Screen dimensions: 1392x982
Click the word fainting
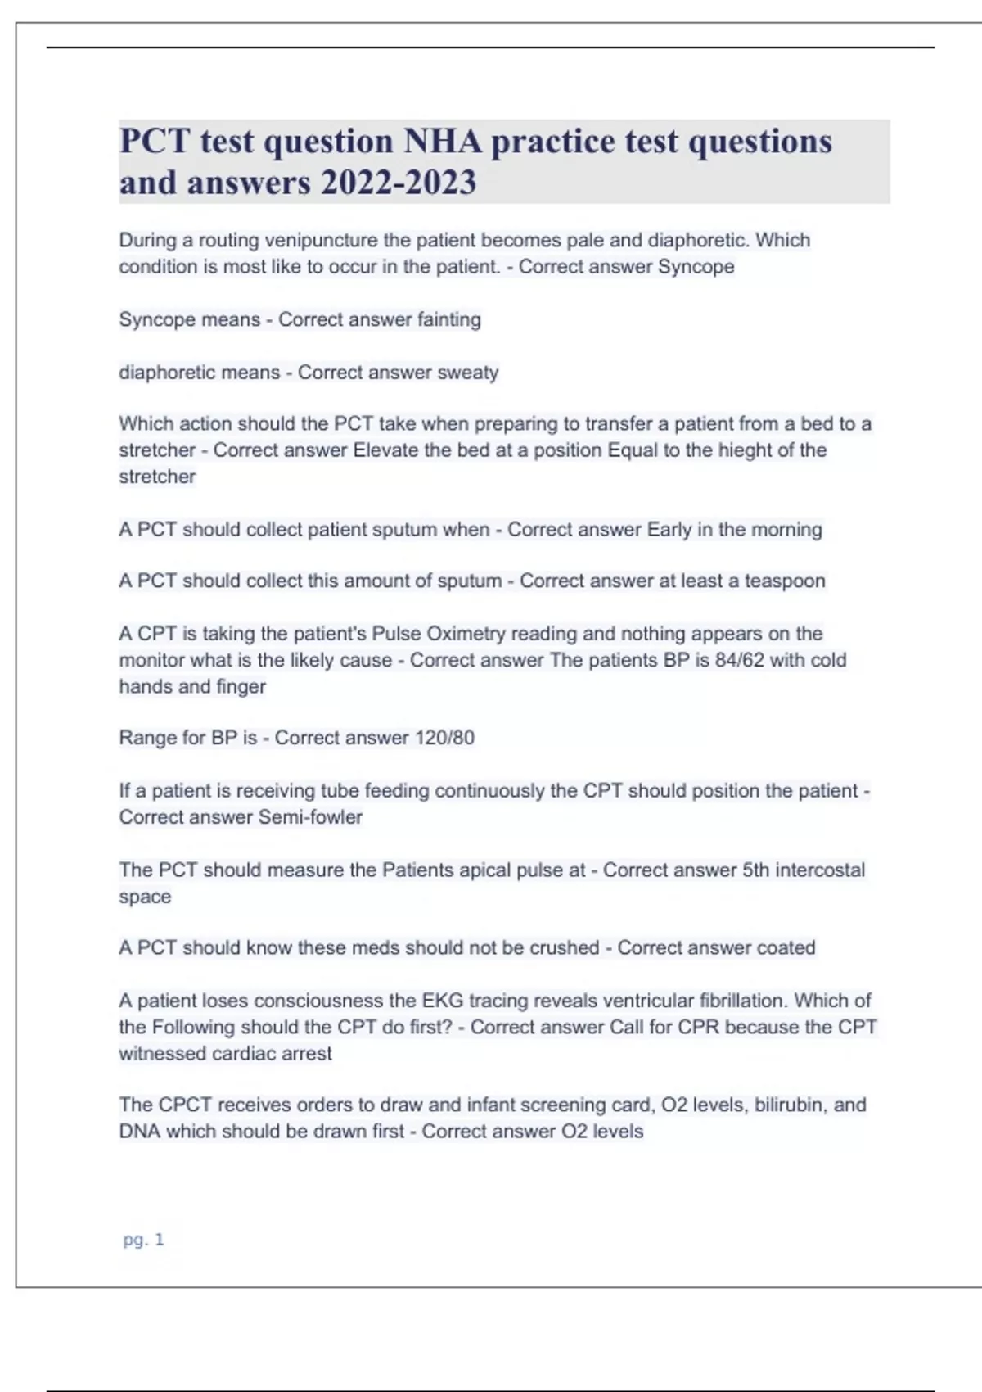click(x=449, y=319)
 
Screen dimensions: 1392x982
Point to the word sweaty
click(x=468, y=373)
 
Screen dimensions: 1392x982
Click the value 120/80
click(x=444, y=738)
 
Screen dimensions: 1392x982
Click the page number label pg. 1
click(x=143, y=1240)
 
